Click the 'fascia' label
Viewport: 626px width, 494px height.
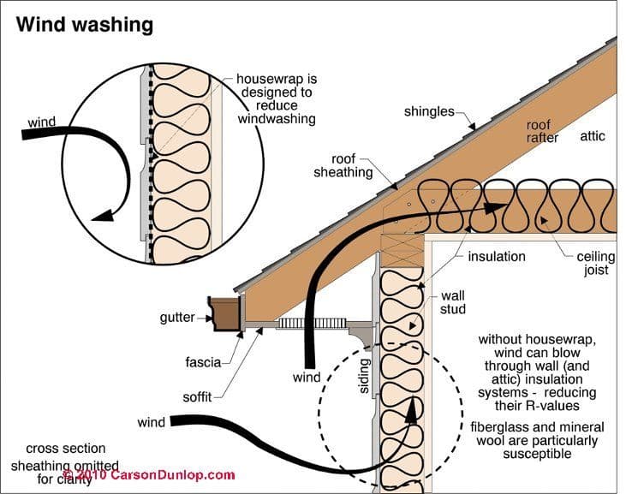[203, 362]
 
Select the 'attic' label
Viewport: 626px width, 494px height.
[593, 135]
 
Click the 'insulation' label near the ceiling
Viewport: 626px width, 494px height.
[497, 256]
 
